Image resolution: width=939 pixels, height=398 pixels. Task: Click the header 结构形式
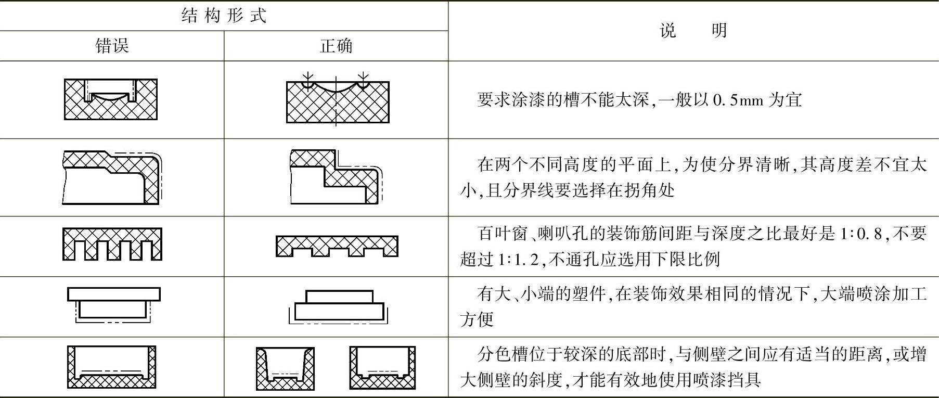224,16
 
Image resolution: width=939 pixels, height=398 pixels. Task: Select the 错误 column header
112,46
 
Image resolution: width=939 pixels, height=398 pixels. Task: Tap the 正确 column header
336,46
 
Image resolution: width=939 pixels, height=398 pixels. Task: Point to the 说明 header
693,31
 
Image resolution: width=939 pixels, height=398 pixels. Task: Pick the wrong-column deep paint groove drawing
111,99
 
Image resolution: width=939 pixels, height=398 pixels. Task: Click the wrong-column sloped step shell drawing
111,177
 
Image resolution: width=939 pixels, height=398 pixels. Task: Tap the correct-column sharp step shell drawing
336,177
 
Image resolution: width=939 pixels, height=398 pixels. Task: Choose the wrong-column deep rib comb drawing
112,244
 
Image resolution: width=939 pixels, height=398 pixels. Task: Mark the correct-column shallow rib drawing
337,246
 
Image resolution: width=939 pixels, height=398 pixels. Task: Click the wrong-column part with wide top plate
113,304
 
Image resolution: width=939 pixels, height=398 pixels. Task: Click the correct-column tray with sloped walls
285,368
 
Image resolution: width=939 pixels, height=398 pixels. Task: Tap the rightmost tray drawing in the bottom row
382,368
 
